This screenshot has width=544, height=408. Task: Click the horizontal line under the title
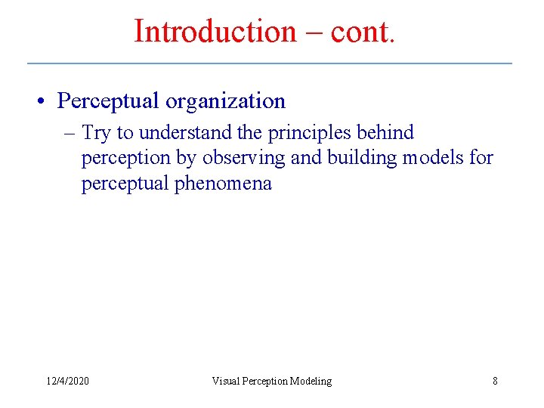point(269,63)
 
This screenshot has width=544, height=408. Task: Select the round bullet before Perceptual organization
point(46,101)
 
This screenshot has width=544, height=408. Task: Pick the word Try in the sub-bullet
point(97,133)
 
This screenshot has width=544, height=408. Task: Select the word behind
point(387,133)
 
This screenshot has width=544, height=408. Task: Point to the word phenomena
point(224,184)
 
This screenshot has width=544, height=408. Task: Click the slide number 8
point(495,381)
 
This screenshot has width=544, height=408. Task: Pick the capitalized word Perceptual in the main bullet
point(108,101)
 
